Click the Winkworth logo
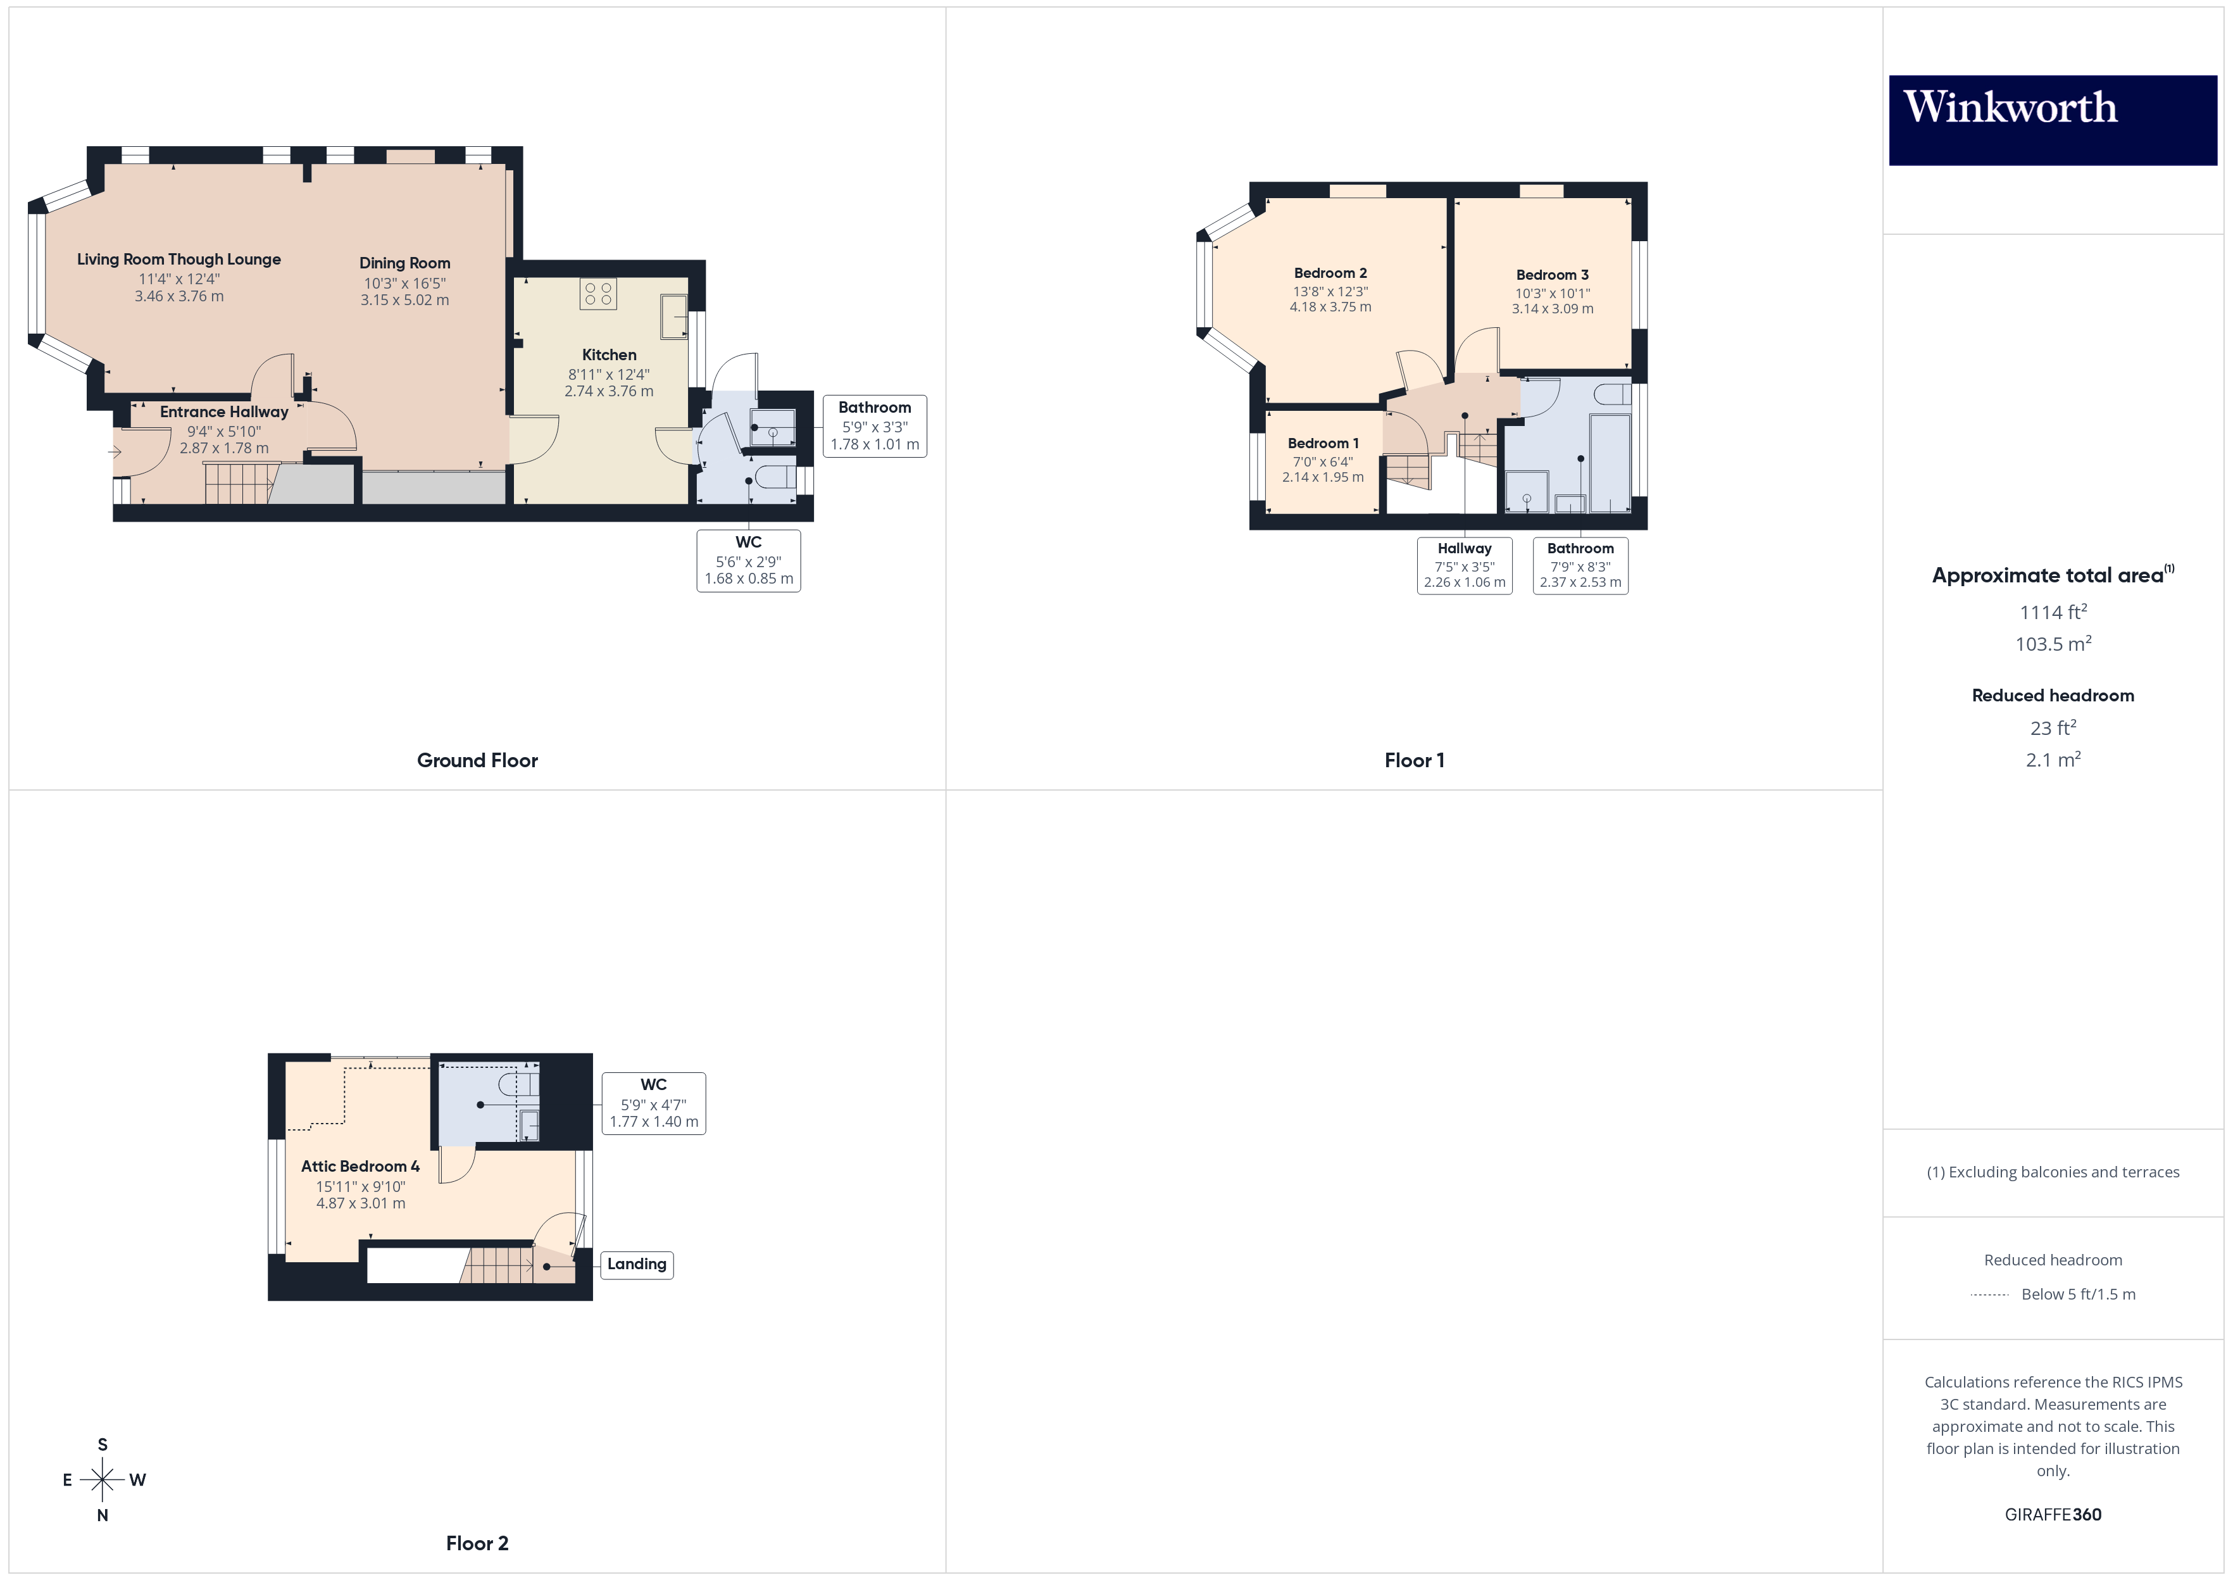[2052, 120]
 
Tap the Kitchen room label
[609, 355]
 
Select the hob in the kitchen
[598, 294]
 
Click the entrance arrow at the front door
[115, 451]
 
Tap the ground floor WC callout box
[748, 560]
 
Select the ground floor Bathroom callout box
[874, 426]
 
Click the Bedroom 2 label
[1330, 273]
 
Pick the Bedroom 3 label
[1552, 275]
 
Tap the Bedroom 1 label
[1323, 444]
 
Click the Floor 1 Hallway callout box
[1464, 565]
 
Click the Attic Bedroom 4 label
[360, 1167]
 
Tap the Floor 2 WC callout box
[654, 1103]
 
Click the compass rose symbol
[102, 1480]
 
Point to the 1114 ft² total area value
[2052, 613]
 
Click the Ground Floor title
[477, 761]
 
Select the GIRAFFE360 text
[2052, 1515]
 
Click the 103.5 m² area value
[2052, 644]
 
